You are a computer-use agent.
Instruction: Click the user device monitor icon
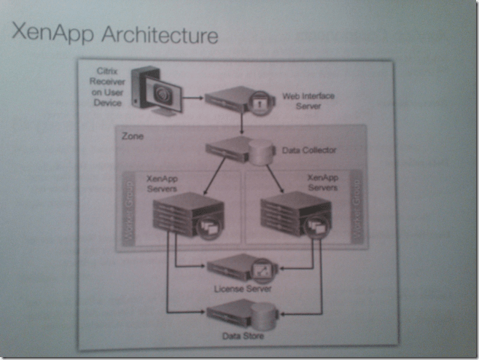(157, 92)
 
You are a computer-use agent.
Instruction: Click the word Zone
(132, 135)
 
